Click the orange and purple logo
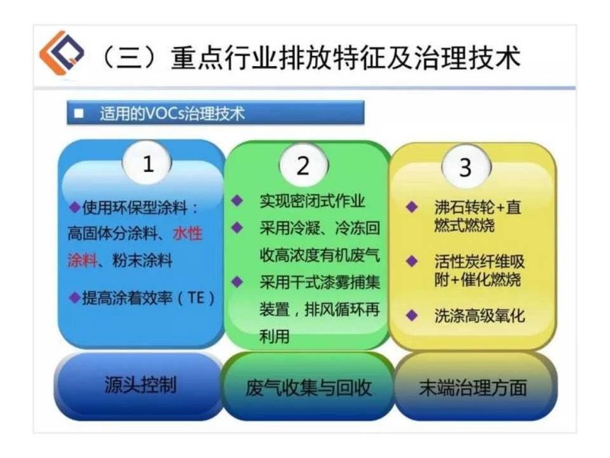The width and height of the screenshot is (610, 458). [62, 52]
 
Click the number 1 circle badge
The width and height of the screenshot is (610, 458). [147, 163]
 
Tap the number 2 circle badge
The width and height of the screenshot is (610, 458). [304, 165]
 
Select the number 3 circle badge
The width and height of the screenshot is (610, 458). [466, 166]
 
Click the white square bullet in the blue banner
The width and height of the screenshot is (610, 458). [79, 114]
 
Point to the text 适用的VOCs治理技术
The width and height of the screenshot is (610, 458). [172, 114]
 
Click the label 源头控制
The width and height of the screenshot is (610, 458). [140, 385]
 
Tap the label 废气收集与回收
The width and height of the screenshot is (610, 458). [308, 388]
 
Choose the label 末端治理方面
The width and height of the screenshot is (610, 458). [472, 388]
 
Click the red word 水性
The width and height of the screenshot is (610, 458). [188, 234]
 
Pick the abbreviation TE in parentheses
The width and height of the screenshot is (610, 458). [196, 298]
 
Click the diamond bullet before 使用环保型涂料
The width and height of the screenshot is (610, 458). [74, 207]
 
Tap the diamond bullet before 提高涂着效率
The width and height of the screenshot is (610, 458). [74, 298]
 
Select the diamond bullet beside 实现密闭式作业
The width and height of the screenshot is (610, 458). [237, 200]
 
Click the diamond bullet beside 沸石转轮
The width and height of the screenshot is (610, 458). [411, 207]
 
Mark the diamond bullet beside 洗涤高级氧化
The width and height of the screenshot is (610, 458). [411, 315]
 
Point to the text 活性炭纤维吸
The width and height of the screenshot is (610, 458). [479, 261]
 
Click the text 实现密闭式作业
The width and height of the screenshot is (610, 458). [312, 201]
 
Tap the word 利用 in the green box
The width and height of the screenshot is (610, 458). [274, 336]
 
